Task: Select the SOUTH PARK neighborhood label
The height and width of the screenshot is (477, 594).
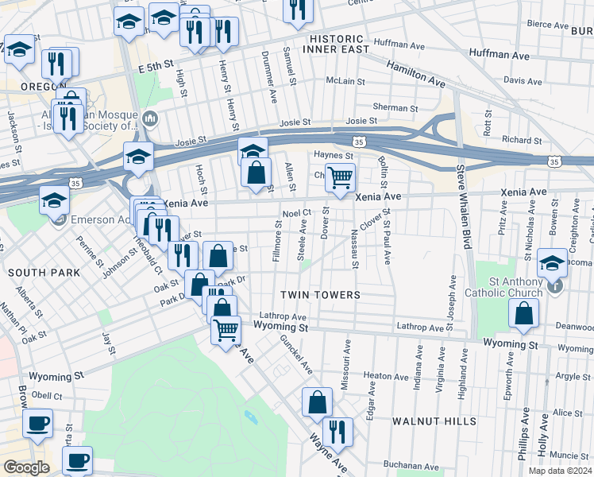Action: click(x=44, y=273)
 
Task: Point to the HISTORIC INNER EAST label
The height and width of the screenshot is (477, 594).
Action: click(x=336, y=44)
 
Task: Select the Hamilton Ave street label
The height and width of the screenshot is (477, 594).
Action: click(x=415, y=75)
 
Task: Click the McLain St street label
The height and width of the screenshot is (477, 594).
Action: click(x=345, y=81)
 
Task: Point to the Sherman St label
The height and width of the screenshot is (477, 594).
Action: click(x=395, y=107)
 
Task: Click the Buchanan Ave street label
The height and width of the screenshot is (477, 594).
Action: click(x=411, y=467)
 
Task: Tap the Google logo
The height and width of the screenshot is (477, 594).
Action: click(x=26, y=467)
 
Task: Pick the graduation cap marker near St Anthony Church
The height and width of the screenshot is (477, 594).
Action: click(x=552, y=262)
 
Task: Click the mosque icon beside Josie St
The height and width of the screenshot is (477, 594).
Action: click(x=151, y=120)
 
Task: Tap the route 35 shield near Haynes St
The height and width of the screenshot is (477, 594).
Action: click(x=360, y=141)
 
